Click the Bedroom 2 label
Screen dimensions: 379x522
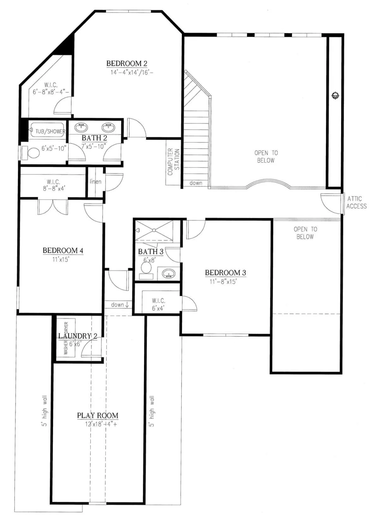127,63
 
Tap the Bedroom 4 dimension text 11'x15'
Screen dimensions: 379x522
61,259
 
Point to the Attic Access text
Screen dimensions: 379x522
356,202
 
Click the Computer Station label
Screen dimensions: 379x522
174,162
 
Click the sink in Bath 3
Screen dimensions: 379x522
168,273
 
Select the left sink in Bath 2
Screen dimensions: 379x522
81,127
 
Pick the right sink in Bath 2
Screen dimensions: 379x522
108,127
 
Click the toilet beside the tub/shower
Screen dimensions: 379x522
30,153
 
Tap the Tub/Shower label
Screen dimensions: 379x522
50,132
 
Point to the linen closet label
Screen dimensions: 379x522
95,181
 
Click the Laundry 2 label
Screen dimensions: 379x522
77,336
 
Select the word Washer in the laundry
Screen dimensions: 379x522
66,348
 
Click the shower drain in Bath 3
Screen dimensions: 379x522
154,230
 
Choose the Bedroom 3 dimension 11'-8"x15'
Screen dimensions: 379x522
223,281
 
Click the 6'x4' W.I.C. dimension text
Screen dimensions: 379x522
158,308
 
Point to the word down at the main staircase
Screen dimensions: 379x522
196,183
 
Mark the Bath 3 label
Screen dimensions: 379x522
151,252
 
